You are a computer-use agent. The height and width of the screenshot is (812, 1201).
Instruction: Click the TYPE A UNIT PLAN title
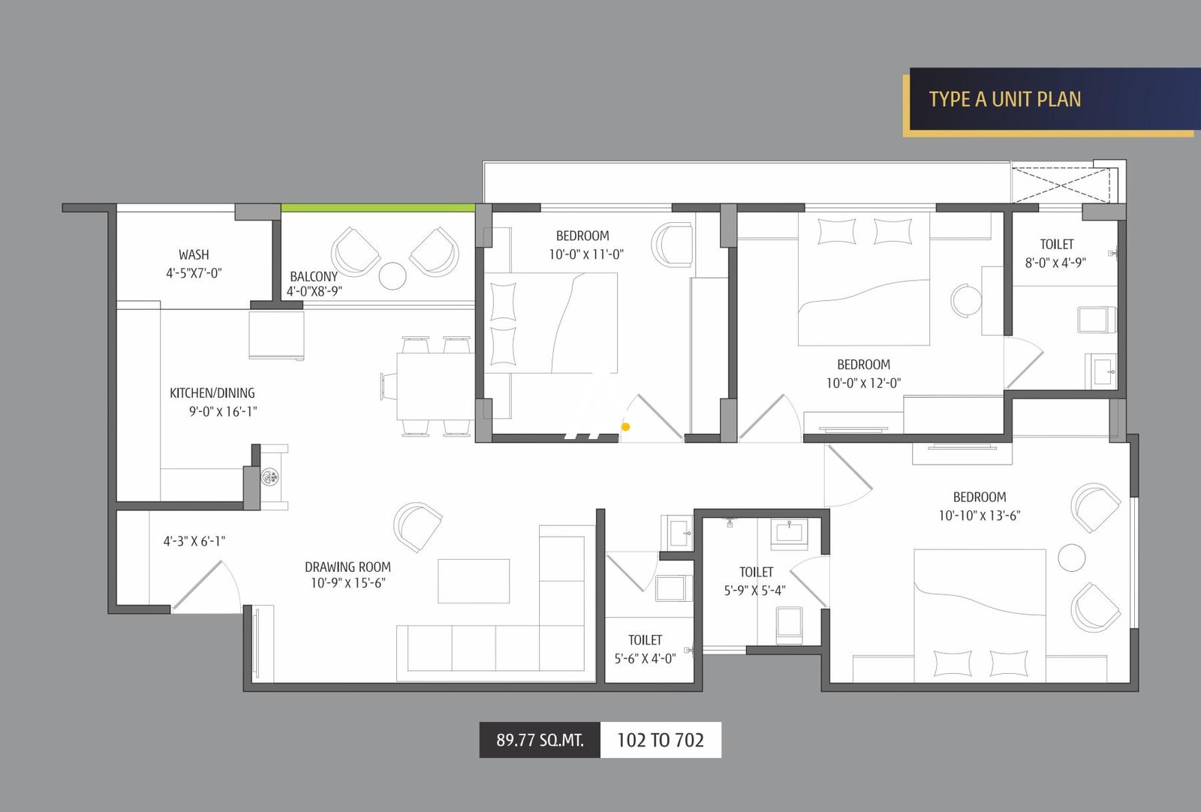[x=1004, y=99]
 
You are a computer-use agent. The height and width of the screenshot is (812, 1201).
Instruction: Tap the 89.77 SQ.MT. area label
[x=540, y=740]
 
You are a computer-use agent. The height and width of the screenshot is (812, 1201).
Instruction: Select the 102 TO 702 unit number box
[x=661, y=740]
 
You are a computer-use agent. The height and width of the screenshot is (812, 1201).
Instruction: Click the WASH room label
[x=194, y=255]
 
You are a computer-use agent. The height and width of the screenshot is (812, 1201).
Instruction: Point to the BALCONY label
[x=314, y=276]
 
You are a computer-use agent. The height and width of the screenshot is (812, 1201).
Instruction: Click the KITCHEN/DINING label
[x=212, y=393]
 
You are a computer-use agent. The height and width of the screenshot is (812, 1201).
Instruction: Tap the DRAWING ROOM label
[x=348, y=567]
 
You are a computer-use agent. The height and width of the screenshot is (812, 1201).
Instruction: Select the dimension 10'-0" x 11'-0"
[x=585, y=254]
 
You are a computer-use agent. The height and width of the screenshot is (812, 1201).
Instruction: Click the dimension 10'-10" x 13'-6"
[x=980, y=516]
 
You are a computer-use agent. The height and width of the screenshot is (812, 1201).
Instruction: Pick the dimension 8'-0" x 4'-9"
[x=1055, y=263]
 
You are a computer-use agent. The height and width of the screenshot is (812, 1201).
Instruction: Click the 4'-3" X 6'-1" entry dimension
[x=194, y=541]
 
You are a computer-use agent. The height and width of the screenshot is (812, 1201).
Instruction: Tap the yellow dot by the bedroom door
[x=625, y=427]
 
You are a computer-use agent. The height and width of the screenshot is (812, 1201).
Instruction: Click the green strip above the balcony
[x=378, y=208]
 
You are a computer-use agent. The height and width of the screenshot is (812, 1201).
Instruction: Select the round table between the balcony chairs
[x=393, y=275]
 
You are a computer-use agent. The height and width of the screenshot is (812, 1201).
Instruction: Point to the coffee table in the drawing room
[x=474, y=581]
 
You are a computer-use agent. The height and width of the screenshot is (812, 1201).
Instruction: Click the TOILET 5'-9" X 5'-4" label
[x=756, y=581]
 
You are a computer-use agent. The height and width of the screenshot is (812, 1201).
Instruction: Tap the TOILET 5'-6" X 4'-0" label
[x=645, y=649]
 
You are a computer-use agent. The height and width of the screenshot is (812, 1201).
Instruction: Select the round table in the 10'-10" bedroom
[x=1071, y=558]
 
